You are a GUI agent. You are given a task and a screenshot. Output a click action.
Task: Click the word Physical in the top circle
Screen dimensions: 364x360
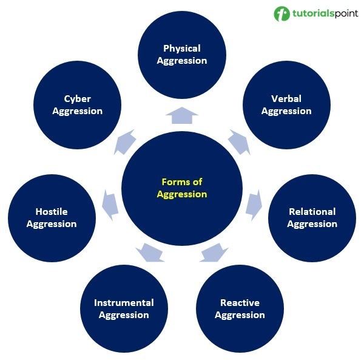click(182, 49)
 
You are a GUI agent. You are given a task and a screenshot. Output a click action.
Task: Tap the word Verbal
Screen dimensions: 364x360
click(286, 99)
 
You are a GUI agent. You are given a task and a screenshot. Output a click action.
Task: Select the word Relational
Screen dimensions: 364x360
click(312, 212)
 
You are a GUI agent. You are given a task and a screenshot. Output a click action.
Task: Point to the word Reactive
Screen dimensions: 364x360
click(240, 303)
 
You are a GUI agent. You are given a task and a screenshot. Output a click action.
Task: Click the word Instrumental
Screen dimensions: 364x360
click(124, 303)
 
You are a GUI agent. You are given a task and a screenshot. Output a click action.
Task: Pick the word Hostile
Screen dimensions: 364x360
click(52, 212)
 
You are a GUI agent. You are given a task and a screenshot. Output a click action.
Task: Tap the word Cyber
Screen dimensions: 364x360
click(77, 99)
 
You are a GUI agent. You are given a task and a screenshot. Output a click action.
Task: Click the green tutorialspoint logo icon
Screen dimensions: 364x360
click(282, 14)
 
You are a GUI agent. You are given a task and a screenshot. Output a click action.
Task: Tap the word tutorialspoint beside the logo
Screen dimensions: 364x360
click(325, 13)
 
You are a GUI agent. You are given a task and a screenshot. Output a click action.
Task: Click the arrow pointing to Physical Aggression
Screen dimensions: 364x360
click(182, 115)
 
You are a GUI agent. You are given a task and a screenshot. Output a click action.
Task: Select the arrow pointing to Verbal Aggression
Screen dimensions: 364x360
click(240, 142)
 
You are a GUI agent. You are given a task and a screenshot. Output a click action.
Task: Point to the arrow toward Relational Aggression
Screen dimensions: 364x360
click(254, 205)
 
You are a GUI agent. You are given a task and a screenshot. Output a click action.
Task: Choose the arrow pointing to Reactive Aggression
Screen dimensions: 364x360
click(214, 253)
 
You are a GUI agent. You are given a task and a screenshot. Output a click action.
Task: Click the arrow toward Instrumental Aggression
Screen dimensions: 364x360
click(150, 253)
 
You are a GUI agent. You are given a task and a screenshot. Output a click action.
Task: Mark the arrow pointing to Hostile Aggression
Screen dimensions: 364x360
click(110, 205)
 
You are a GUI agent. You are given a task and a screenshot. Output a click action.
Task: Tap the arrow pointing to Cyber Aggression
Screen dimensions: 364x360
click(124, 142)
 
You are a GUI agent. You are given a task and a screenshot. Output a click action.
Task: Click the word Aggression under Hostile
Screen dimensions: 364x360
click(52, 225)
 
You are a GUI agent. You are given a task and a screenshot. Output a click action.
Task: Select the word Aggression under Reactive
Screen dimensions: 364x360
click(240, 316)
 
